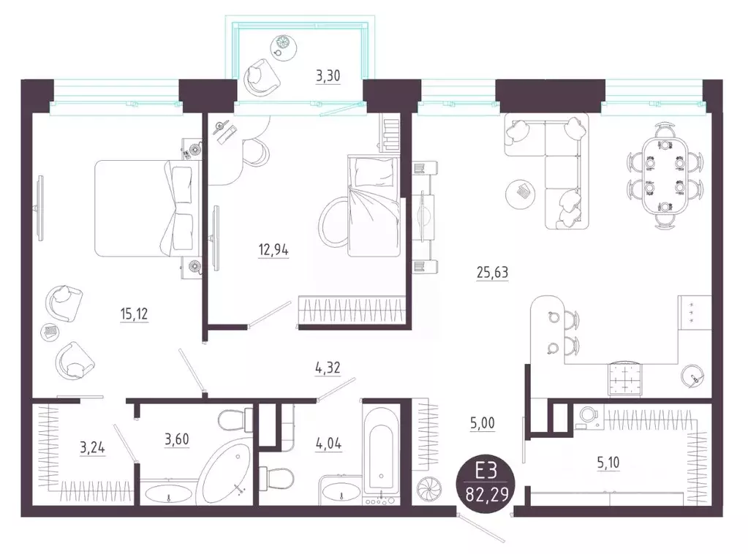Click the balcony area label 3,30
328,76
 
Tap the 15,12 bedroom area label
134,314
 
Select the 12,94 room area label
273,250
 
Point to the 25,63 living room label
492,273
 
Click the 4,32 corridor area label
328,368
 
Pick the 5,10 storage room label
608,463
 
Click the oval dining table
665,175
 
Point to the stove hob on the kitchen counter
624,379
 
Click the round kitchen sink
691,376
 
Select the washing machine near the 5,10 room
588,416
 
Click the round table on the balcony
284,47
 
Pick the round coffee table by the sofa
523,193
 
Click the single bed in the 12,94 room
373,205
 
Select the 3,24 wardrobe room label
92,448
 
